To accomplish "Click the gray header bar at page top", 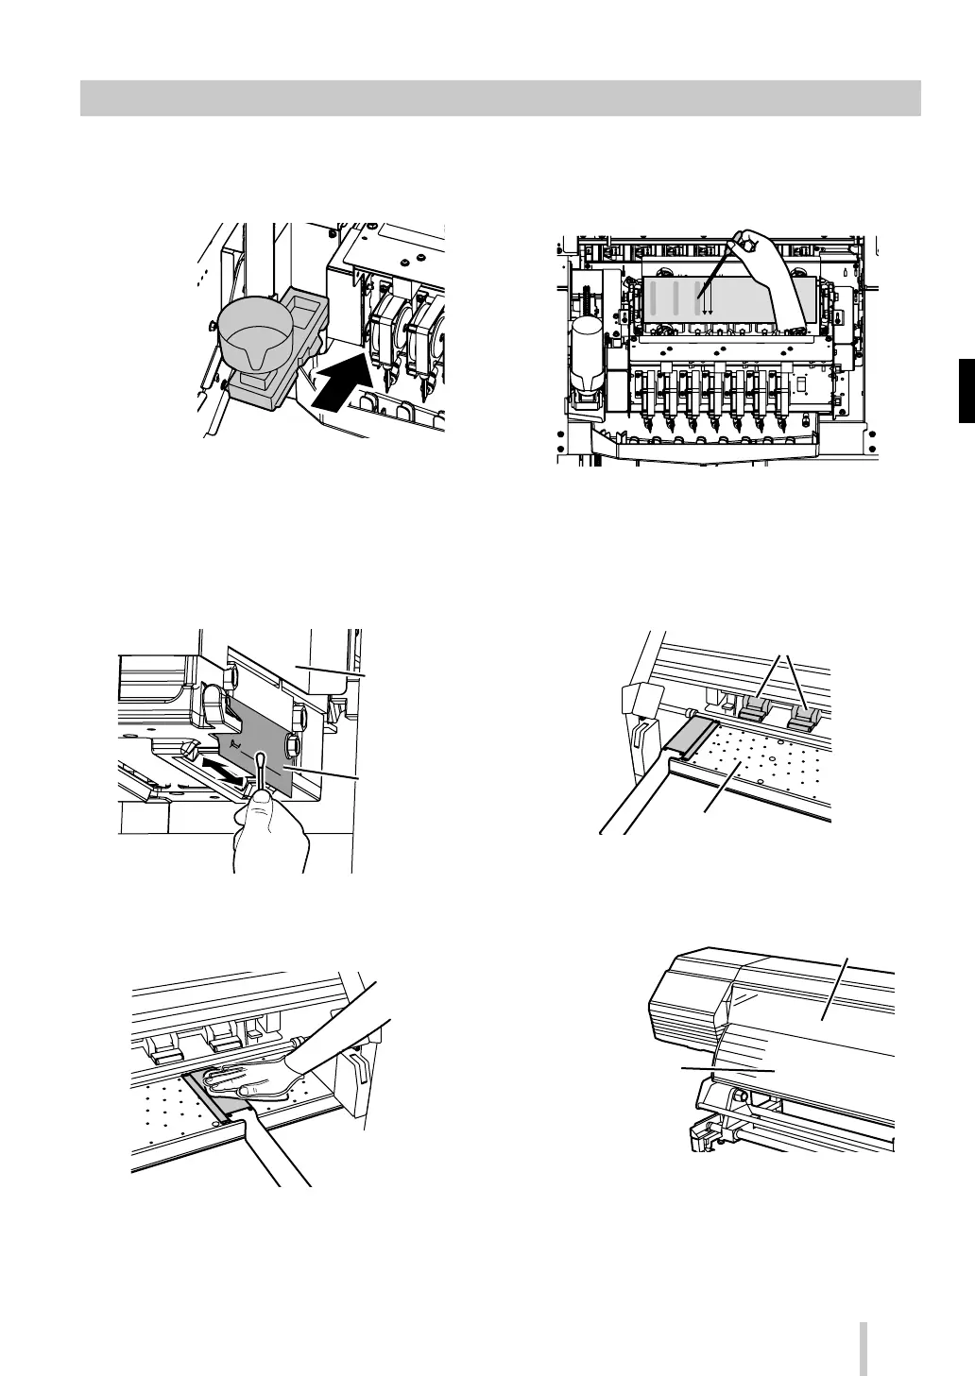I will [500, 98].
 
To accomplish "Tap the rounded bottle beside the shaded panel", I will [589, 349].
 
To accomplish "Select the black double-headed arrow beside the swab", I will [227, 770].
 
